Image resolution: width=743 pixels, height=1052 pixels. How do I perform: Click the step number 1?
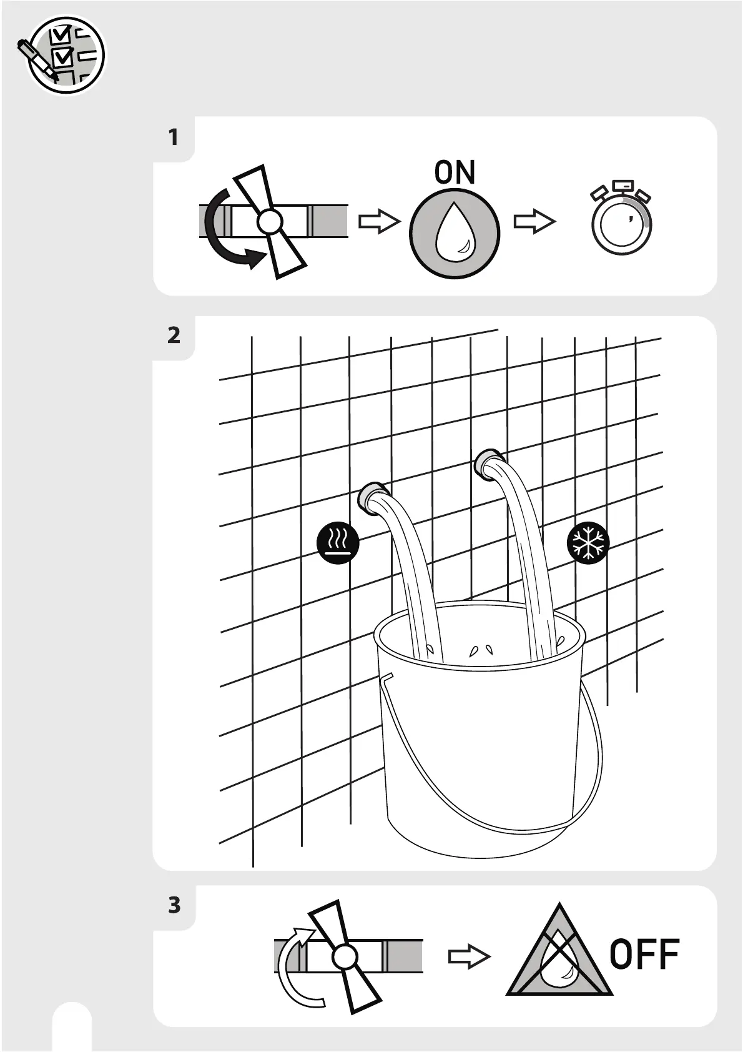coord(174,137)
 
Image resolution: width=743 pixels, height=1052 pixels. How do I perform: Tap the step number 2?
coord(174,335)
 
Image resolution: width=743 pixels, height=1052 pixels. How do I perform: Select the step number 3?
coord(174,905)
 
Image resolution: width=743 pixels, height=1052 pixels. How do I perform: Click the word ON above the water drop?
coord(455,172)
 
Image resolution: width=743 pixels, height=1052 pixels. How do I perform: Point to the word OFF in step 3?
coord(644,954)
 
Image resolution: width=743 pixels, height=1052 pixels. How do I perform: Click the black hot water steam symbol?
coord(338,543)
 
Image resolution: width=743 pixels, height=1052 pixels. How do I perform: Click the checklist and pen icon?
coord(63,54)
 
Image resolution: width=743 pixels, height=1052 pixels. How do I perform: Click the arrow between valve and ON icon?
coord(379,222)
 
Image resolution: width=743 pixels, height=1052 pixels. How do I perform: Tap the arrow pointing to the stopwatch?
coord(534,222)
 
